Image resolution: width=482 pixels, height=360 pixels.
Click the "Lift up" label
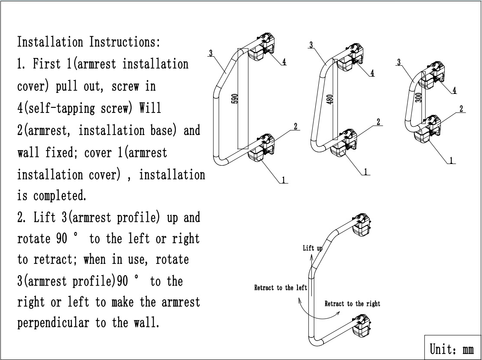coord(312,248)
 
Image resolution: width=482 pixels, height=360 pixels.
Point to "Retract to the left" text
coord(280,288)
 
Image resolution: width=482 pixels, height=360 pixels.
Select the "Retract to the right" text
coord(352,304)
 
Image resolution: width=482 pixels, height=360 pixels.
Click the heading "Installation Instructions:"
coord(89,42)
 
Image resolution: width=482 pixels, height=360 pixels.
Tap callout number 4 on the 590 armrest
coord(284,62)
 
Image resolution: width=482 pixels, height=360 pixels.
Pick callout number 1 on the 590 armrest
coord(284,180)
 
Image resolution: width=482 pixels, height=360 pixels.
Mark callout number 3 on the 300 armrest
coord(398,63)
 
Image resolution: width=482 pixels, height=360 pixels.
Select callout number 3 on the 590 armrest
coord(210,54)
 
